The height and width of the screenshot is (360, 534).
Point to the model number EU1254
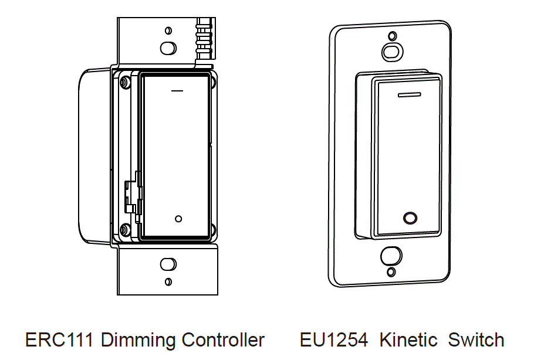click(333, 339)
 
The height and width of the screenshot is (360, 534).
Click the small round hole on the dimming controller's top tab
click(169, 30)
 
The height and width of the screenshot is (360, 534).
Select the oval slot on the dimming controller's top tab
click(168, 47)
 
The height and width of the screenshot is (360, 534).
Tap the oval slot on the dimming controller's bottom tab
click(168, 263)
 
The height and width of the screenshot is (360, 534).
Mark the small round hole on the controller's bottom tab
click(168, 281)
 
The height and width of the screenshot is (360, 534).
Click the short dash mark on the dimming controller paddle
click(177, 91)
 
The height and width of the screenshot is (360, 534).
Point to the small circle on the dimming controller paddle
click(179, 219)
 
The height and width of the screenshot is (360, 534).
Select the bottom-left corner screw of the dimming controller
click(125, 229)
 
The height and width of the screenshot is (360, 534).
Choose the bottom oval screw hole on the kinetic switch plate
click(391, 256)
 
